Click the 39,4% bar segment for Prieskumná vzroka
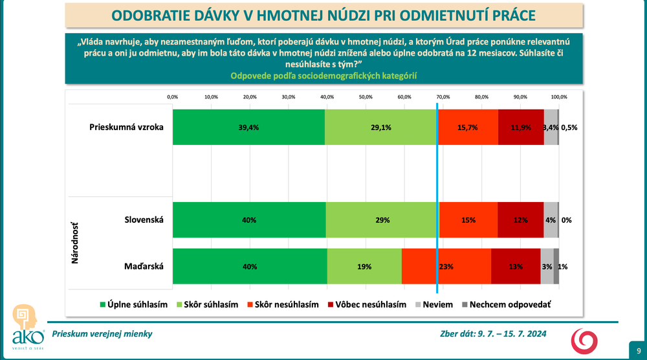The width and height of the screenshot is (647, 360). tap(248, 128)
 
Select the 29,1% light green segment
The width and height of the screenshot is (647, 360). tap(380, 128)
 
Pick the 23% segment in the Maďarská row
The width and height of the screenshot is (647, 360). tap(446, 266)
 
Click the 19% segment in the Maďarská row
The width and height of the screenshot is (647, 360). tap(364, 266)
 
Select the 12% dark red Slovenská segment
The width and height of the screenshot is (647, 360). tap(520, 220)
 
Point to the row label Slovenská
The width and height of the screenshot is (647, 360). tap(144, 219)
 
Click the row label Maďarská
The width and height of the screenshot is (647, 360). tap(145, 266)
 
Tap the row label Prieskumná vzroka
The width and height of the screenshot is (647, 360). tap(126, 127)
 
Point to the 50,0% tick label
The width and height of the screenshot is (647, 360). tap(366, 96)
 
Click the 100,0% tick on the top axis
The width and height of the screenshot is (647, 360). tap(558, 96)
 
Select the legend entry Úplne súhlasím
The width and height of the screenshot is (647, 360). tap(133, 304)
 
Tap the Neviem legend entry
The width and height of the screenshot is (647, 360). tap(433, 304)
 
